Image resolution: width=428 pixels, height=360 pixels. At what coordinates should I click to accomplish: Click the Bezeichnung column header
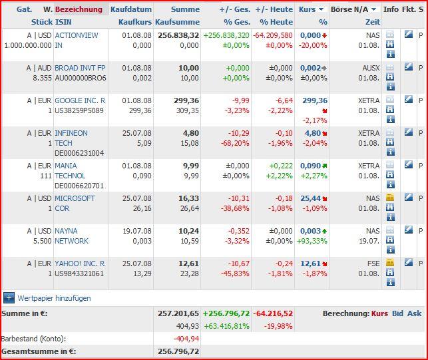(79, 9)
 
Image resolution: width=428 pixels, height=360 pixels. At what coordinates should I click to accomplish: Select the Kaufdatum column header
(131, 9)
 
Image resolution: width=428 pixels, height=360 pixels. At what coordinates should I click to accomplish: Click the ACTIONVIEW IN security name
(76, 40)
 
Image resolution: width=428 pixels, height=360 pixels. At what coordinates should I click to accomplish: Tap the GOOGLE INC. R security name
(79, 100)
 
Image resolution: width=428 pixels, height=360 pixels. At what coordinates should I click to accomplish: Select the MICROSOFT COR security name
(75, 203)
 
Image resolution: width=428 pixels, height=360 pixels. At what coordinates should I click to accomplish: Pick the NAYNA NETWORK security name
(71, 236)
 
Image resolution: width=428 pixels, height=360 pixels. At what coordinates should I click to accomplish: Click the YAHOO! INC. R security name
(79, 264)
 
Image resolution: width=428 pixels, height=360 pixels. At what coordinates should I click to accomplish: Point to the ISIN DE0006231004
(79, 153)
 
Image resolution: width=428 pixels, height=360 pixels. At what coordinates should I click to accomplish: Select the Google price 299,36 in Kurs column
(314, 100)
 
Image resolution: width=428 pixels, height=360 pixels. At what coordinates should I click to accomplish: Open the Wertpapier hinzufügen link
(54, 298)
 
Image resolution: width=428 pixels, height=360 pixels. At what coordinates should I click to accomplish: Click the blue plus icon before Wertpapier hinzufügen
(9, 298)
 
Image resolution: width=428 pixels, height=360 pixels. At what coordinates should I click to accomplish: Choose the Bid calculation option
(397, 313)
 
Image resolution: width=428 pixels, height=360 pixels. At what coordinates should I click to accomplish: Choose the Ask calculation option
(414, 313)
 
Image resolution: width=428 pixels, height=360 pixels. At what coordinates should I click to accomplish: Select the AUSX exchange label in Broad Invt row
(371, 68)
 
